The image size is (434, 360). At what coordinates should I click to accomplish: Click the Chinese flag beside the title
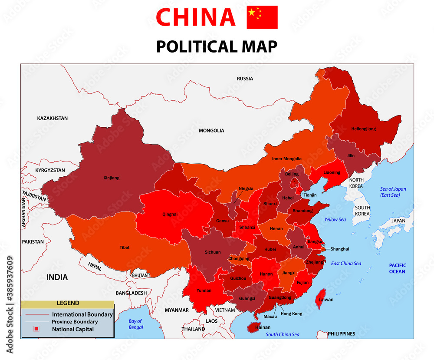[262, 17]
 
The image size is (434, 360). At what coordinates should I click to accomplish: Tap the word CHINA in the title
[195, 17]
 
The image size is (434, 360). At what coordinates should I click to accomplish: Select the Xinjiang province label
[112, 178]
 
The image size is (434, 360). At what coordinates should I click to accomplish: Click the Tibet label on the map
[125, 248]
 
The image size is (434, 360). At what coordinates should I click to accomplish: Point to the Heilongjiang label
[364, 129]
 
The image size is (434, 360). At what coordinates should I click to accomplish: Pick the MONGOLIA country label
[211, 130]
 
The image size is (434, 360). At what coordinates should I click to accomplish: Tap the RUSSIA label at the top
[245, 79]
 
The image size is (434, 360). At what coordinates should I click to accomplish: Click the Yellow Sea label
[335, 220]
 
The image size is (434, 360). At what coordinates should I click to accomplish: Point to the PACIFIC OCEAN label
[397, 268]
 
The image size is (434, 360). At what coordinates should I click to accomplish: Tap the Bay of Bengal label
[135, 324]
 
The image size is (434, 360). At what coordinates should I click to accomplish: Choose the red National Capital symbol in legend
[36, 329]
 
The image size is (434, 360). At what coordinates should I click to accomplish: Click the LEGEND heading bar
[67, 304]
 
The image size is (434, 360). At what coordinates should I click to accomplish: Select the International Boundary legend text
[82, 314]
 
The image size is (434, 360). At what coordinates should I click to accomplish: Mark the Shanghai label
[339, 249]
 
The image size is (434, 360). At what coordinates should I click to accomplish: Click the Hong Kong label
[291, 314]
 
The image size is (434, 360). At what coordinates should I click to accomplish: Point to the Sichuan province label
[213, 252]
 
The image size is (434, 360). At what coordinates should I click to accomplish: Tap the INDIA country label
[57, 277]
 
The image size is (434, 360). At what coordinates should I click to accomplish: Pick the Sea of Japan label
[393, 192]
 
